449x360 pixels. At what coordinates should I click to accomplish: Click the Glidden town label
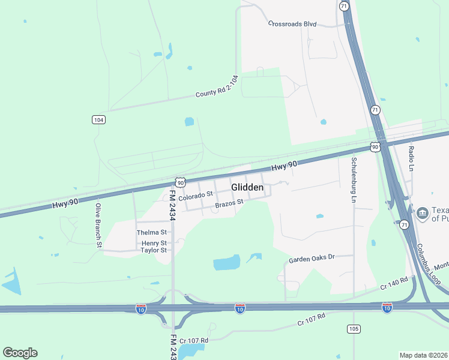[x=247, y=188]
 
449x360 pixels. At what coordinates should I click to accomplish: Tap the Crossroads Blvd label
[x=292, y=24]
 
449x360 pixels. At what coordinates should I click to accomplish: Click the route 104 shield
[x=99, y=120]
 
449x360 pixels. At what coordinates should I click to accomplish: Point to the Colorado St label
[x=196, y=195]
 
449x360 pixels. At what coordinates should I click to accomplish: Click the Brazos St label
[x=229, y=203]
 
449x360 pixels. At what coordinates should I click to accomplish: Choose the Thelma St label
[x=151, y=232]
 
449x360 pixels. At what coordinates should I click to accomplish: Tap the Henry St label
[x=154, y=243]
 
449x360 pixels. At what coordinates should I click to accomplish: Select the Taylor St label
[x=153, y=250]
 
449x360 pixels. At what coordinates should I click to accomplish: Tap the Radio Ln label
[x=412, y=157]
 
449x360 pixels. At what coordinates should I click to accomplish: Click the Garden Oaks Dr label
[x=311, y=259]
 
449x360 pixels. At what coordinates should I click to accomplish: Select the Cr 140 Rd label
[x=394, y=283]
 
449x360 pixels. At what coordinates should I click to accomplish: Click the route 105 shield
[x=353, y=328]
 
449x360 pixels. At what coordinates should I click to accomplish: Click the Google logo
[x=20, y=353]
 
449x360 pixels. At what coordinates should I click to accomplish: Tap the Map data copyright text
[x=424, y=355]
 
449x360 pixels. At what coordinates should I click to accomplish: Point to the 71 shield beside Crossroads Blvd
[x=343, y=5]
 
